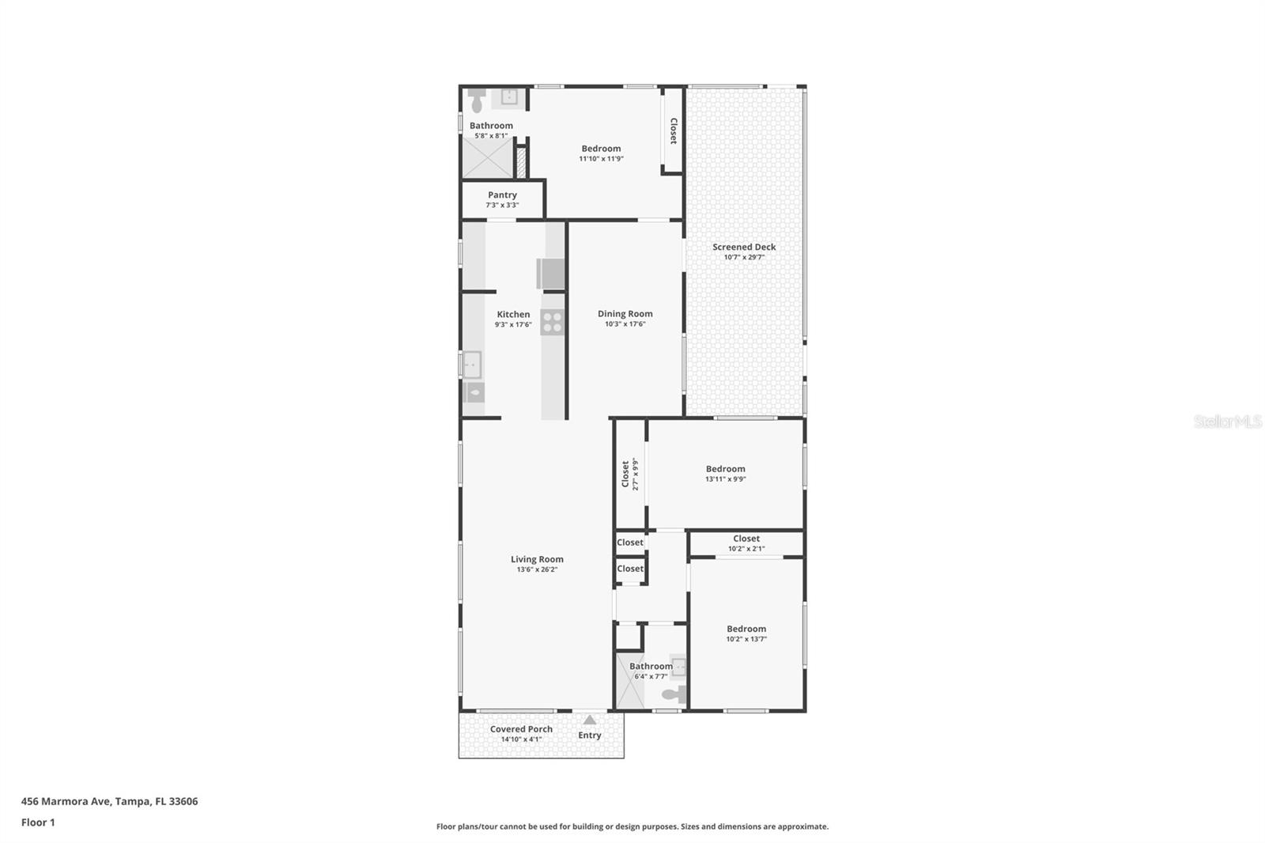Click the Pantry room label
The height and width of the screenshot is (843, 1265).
click(502, 195)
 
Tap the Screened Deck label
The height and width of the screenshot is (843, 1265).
click(744, 247)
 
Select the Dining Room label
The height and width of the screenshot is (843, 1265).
click(625, 314)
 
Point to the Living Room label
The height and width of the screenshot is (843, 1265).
click(537, 559)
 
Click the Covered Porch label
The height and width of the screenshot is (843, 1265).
click(521, 729)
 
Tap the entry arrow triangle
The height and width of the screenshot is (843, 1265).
click(590, 720)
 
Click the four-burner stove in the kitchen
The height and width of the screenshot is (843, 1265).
click(553, 322)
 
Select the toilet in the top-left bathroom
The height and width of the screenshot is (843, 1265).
click(478, 100)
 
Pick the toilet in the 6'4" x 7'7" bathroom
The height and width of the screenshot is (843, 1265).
click(674, 694)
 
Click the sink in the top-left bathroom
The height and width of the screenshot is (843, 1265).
click(509, 97)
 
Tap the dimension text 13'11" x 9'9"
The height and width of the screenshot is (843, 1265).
click(725, 479)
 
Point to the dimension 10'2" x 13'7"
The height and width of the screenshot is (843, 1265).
click(746, 639)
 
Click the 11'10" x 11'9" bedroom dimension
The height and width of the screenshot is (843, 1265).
click(601, 159)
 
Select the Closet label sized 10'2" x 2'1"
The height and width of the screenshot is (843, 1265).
click(746, 539)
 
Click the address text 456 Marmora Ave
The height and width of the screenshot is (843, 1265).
click(66, 801)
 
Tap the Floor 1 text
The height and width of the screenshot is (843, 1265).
click(38, 822)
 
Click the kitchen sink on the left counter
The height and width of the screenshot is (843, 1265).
click(472, 365)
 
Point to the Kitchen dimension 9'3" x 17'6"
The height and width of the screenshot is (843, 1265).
click(513, 324)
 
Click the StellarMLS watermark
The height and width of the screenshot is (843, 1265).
click(1228, 421)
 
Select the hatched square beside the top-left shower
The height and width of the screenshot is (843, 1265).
click(521, 162)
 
